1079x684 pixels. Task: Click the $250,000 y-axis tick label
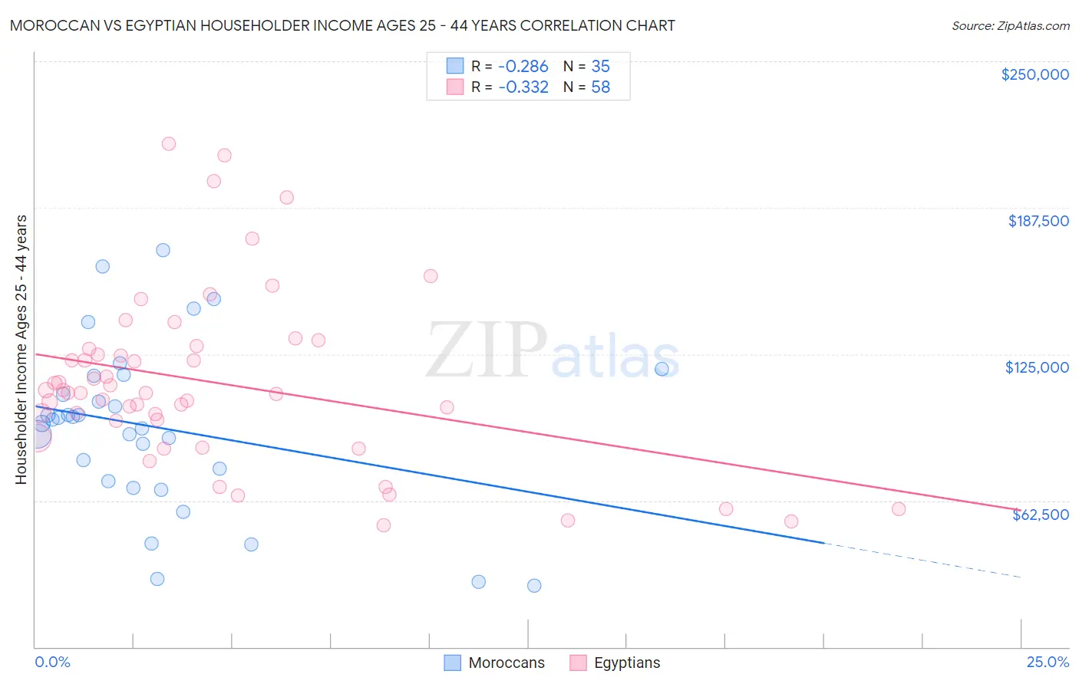click(1034, 74)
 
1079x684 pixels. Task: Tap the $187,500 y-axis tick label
click(1038, 221)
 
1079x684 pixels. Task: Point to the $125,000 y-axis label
click(1037, 367)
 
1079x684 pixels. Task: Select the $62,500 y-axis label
click(1040, 515)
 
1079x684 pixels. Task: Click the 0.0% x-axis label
click(52, 662)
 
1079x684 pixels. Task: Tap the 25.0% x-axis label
click(1048, 662)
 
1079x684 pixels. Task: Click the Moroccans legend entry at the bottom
click(506, 663)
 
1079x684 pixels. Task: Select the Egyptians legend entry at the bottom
click(626, 663)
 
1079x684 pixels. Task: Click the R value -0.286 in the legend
click(523, 67)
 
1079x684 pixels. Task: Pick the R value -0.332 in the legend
click(523, 87)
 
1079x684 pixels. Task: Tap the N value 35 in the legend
click(600, 67)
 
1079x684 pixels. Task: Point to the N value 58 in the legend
click(600, 87)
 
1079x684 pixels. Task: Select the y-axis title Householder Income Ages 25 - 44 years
click(21, 350)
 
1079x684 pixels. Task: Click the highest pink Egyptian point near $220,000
click(169, 143)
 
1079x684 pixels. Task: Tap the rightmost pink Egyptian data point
click(899, 509)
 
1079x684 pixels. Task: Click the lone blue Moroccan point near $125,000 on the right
click(662, 369)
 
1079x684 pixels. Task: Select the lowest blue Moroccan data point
click(534, 586)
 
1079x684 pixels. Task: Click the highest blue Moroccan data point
click(163, 250)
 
